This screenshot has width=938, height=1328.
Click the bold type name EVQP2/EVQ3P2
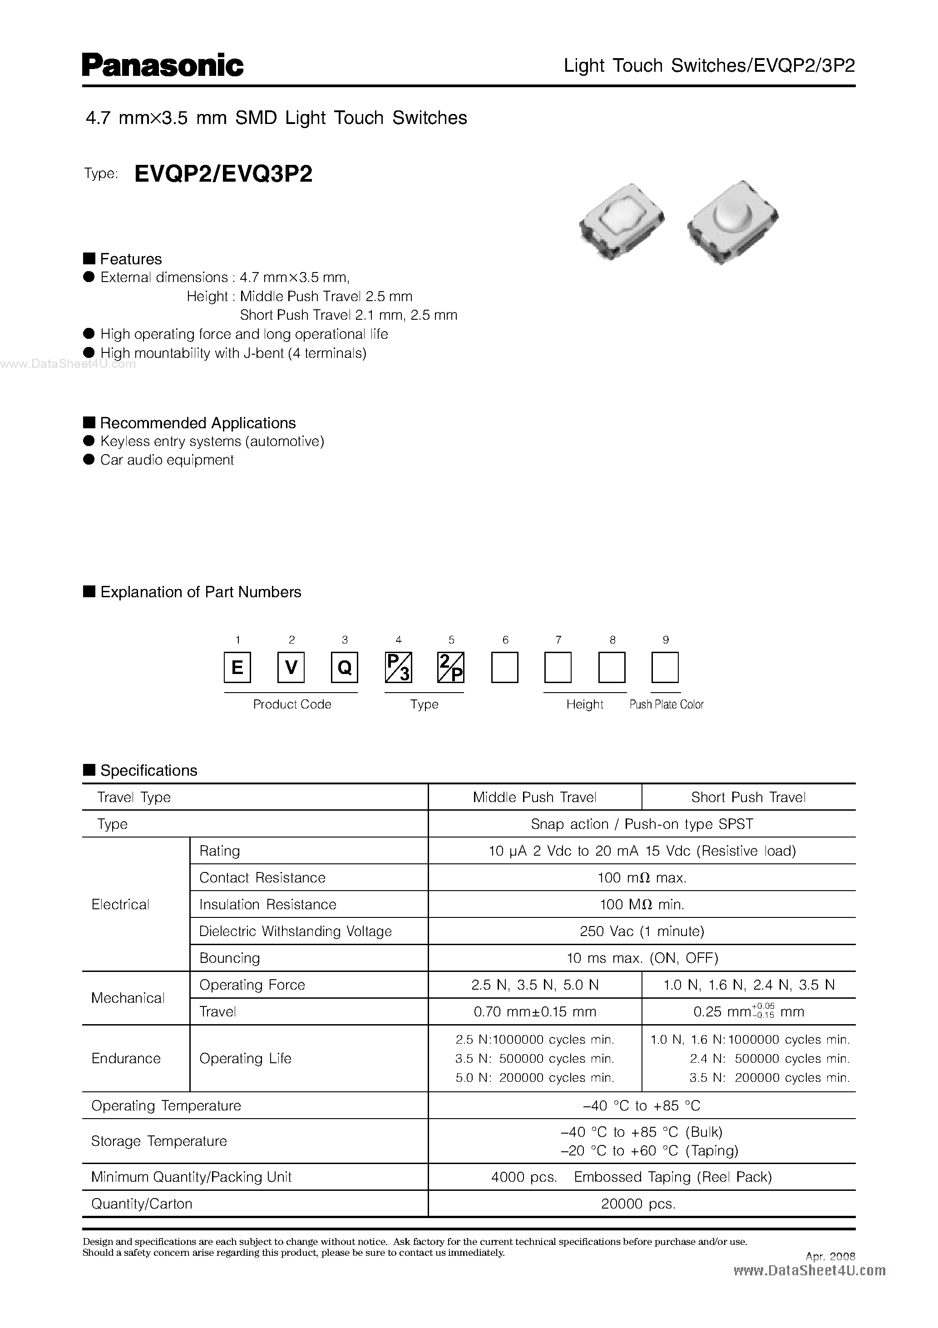pyautogui.click(x=223, y=173)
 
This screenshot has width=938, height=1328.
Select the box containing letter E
pyautogui.click(x=237, y=668)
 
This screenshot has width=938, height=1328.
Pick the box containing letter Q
pyautogui.click(x=344, y=668)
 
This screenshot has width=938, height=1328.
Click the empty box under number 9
pyautogui.click(x=665, y=668)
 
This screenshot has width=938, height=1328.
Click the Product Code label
pyautogui.click(x=292, y=704)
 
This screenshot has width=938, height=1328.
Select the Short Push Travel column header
pyautogui.click(x=748, y=797)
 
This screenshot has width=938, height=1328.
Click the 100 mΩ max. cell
pyautogui.click(x=642, y=877)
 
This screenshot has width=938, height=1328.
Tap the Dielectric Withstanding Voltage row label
pyautogui.click(x=295, y=931)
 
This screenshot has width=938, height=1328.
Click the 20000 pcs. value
pyautogui.click(x=638, y=1204)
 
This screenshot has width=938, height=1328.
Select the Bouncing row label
pyautogui.click(x=230, y=958)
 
